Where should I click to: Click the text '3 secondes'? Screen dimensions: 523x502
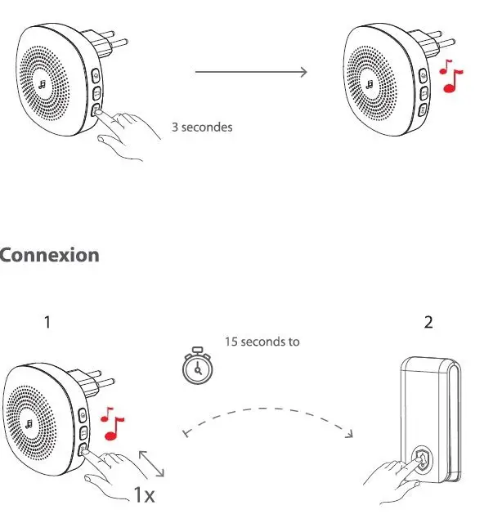tap(202, 127)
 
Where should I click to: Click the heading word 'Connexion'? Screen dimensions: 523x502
tap(49, 255)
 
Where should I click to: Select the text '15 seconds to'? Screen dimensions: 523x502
tap(262, 342)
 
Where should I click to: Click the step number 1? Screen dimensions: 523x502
tap(47, 323)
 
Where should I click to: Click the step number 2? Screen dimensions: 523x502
tap(428, 323)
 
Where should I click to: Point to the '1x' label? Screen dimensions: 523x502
tap(145, 494)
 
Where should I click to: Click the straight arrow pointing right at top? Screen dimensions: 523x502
tap(251, 72)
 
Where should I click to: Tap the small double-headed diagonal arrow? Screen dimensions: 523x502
tap(151, 463)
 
